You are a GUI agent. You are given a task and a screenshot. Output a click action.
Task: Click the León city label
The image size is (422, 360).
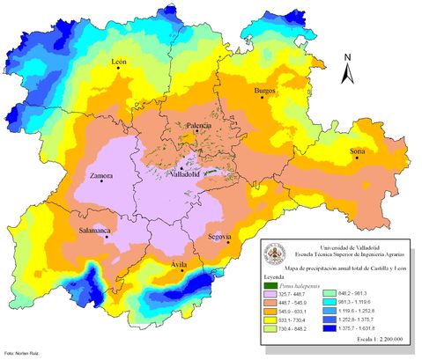tap(121, 63)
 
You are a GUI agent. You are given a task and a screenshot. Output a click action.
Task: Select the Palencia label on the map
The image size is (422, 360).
tap(197, 126)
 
